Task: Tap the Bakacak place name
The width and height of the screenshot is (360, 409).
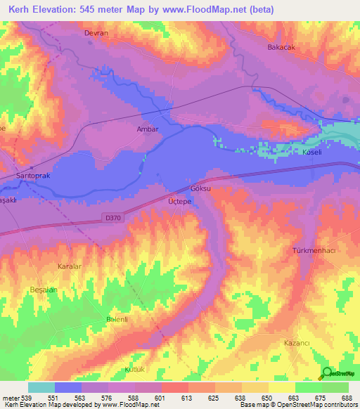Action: [280, 47]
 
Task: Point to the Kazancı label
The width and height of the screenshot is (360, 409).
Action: [297, 342]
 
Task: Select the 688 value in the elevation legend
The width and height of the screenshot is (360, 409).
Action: [347, 397]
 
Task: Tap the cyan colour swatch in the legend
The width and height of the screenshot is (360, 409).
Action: [41, 387]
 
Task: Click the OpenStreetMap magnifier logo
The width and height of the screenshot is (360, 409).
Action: [326, 373]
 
